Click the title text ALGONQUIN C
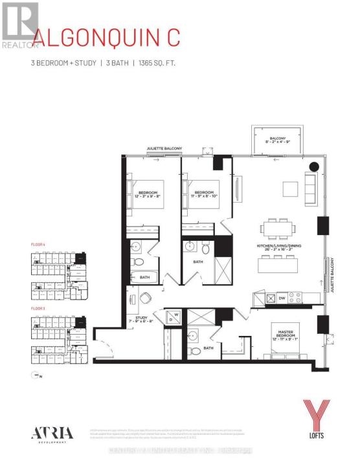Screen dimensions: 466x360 tap(107, 38)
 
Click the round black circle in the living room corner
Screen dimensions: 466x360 tap(313, 166)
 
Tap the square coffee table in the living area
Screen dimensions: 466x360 tap(290, 188)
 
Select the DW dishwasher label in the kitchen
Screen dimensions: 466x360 tap(281, 298)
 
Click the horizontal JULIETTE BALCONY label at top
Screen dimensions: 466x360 tap(164, 149)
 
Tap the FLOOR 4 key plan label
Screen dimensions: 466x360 tap(39, 244)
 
